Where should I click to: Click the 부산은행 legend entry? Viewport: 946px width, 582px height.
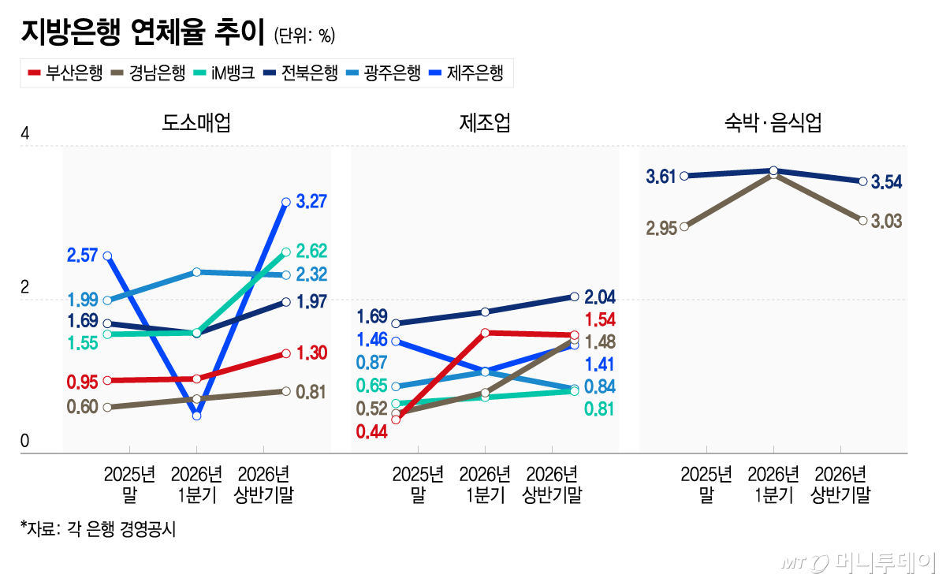[65, 73]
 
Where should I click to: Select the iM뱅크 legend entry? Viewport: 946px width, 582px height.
[224, 73]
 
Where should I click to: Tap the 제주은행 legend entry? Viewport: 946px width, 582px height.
[466, 73]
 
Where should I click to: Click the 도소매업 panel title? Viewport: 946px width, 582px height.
[196, 122]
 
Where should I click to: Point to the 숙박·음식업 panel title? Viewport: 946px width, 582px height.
[773, 122]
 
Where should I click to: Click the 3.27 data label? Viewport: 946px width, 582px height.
[311, 201]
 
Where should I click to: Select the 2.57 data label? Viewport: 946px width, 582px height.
[82, 256]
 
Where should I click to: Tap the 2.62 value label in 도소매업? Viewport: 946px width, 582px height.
[311, 252]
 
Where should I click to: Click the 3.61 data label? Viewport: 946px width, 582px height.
[661, 177]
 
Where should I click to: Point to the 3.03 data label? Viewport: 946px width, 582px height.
[886, 222]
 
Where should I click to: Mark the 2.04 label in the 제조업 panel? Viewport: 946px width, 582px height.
[600, 297]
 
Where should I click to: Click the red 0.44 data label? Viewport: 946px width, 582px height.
[371, 432]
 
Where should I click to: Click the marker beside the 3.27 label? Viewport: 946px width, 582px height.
[286, 202]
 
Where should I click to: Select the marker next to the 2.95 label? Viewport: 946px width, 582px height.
[684, 227]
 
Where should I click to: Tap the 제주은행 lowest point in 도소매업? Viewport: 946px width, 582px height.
[196, 416]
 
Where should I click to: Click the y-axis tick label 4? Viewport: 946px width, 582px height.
[25, 133]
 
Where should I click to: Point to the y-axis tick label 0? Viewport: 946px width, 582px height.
[25, 441]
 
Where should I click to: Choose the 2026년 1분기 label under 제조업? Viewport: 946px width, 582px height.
[485, 484]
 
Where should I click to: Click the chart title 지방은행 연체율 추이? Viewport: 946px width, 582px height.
[143, 32]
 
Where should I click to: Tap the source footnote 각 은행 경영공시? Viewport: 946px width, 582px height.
[121, 529]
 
